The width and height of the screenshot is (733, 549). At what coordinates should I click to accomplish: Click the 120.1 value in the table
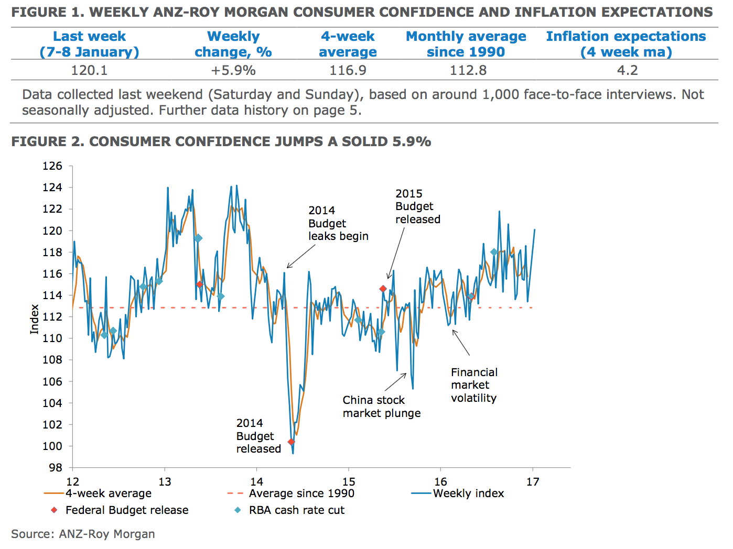[x=89, y=70]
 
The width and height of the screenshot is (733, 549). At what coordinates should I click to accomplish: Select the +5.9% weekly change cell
[x=233, y=70]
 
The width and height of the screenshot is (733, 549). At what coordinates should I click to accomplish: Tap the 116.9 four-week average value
[x=348, y=70]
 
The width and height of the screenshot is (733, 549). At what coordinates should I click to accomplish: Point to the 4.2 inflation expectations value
[x=627, y=70]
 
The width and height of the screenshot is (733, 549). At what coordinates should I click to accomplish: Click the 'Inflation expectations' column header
[x=626, y=44]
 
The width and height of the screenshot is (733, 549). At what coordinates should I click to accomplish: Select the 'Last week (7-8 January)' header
[x=89, y=44]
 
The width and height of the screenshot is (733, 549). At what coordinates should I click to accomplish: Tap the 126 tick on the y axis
[x=52, y=166]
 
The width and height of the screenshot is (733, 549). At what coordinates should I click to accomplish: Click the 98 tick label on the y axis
[x=55, y=467]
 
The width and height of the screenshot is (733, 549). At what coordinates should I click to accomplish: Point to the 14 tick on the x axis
[x=256, y=482]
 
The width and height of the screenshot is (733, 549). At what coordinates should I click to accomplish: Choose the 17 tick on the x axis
[x=533, y=482]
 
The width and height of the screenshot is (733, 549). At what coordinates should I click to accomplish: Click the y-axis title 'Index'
[x=35, y=319]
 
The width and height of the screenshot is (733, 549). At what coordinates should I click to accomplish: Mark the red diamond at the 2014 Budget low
[x=291, y=442]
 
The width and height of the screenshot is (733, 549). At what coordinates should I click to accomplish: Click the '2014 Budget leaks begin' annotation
[x=338, y=223]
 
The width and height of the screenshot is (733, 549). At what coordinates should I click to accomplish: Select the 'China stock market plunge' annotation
[x=381, y=407]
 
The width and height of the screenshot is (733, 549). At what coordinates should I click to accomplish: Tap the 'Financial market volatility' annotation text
[x=474, y=385]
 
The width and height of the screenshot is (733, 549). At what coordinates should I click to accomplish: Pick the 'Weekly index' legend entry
[x=468, y=493]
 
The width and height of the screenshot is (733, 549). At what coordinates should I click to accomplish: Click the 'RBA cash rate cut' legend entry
[x=296, y=510]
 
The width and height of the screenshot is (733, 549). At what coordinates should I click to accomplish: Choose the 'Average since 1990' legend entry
[x=301, y=493]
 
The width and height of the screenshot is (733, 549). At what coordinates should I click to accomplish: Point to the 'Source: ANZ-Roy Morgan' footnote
[x=83, y=534]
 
